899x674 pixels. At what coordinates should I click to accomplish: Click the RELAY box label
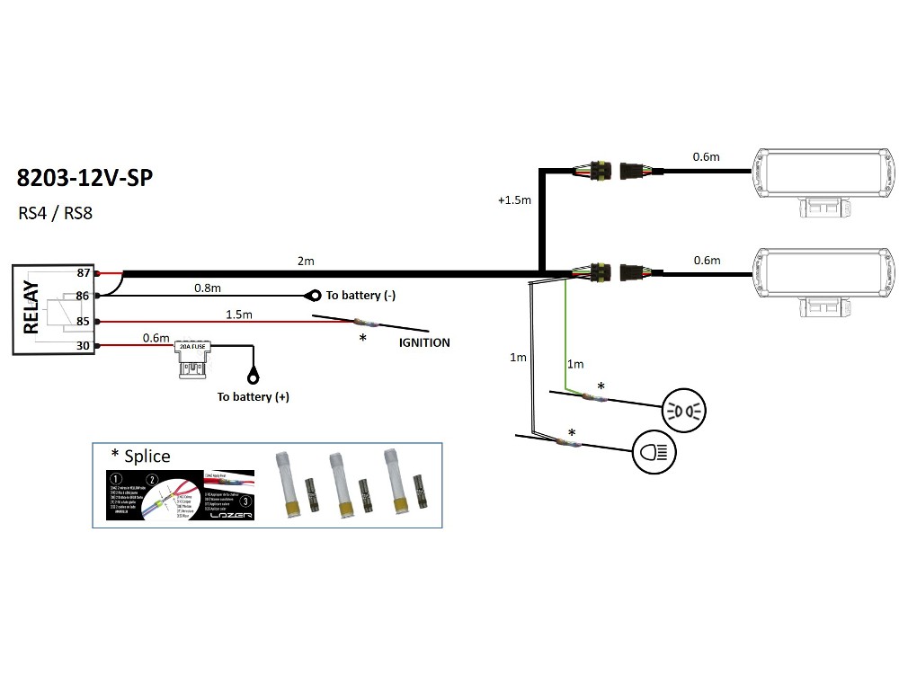pos(31,308)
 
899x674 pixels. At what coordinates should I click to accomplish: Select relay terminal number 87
pos(84,272)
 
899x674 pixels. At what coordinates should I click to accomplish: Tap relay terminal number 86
pos(84,295)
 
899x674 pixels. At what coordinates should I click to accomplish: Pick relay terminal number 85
pos(84,321)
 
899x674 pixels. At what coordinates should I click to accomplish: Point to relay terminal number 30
pos(84,345)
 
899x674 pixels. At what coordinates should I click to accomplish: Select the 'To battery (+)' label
pos(254,396)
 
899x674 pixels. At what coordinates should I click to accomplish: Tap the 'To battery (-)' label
pos(360,296)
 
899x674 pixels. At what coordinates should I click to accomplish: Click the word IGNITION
pos(424,342)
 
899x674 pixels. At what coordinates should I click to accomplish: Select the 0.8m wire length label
pos(208,288)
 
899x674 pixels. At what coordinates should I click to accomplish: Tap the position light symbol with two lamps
pos(685,410)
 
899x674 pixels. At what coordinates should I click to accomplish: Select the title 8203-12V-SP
pos(85,177)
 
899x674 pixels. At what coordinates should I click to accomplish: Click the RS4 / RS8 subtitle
pos(56,214)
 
